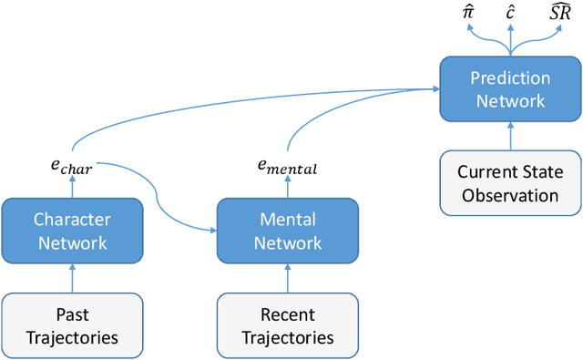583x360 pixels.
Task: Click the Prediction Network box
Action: tap(510, 89)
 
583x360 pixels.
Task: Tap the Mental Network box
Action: tap(287, 231)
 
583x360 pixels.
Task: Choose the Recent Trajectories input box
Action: tap(287, 325)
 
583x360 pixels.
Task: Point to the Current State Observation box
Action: tap(510, 183)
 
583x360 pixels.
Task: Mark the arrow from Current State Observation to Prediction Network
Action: tap(510, 137)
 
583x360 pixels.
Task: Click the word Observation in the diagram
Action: tap(510, 195)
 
